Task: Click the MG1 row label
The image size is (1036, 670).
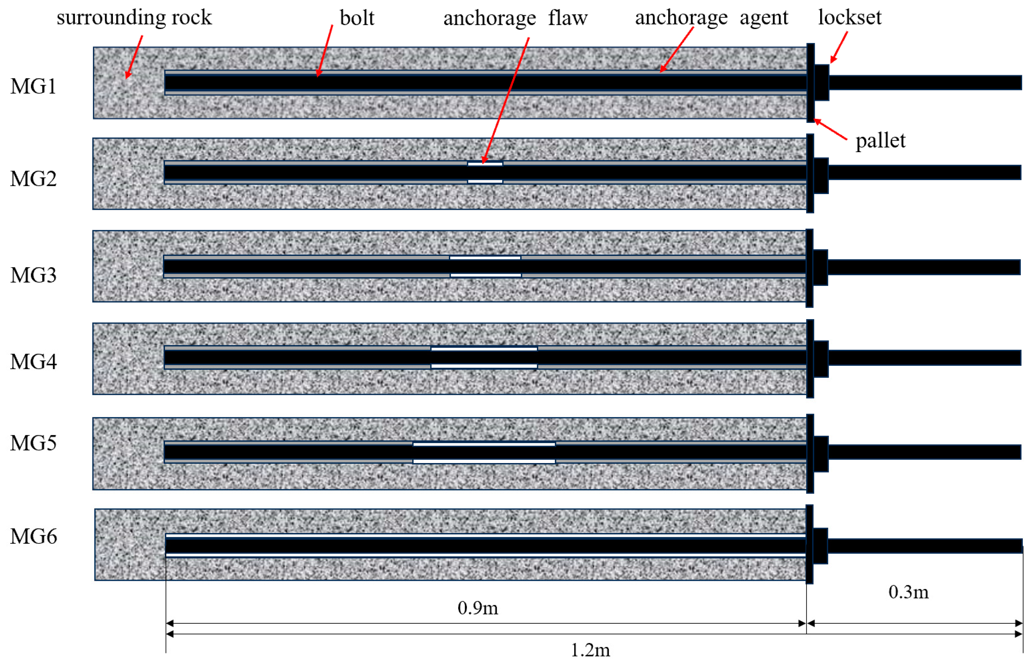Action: [33, 86]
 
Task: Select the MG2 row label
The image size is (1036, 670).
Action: [33, 179]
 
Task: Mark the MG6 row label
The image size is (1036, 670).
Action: [33, 536]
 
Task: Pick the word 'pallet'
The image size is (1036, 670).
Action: [880, 140]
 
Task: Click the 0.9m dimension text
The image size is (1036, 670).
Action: [477, 608]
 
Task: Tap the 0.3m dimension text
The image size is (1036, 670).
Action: [908, 592]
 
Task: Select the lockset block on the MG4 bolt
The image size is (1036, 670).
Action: [821, 359]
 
